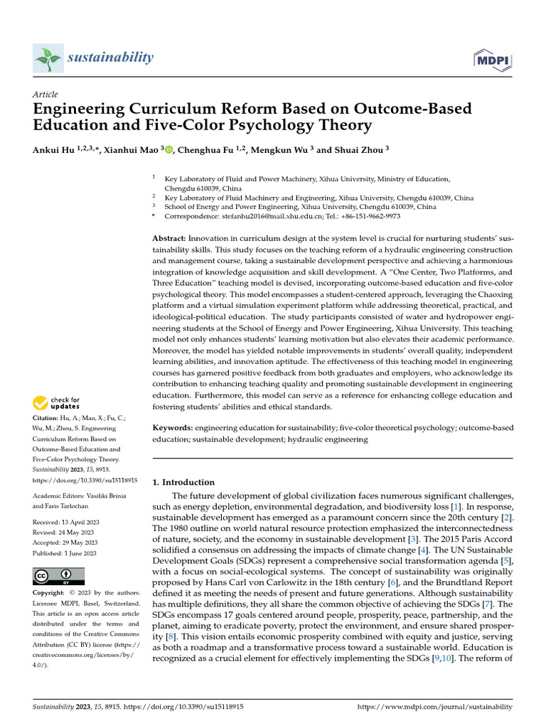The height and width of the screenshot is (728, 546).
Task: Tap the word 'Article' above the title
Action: pos(45,95)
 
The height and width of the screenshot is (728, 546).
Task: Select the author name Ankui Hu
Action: pos(54,150)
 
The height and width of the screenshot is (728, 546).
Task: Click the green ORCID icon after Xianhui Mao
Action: pos(169,150)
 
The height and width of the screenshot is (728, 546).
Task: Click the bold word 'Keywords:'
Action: pos(173,428)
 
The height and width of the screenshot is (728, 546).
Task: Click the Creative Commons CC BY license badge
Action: pos(58,576)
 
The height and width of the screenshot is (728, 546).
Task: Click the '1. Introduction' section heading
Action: pos(183,482)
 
